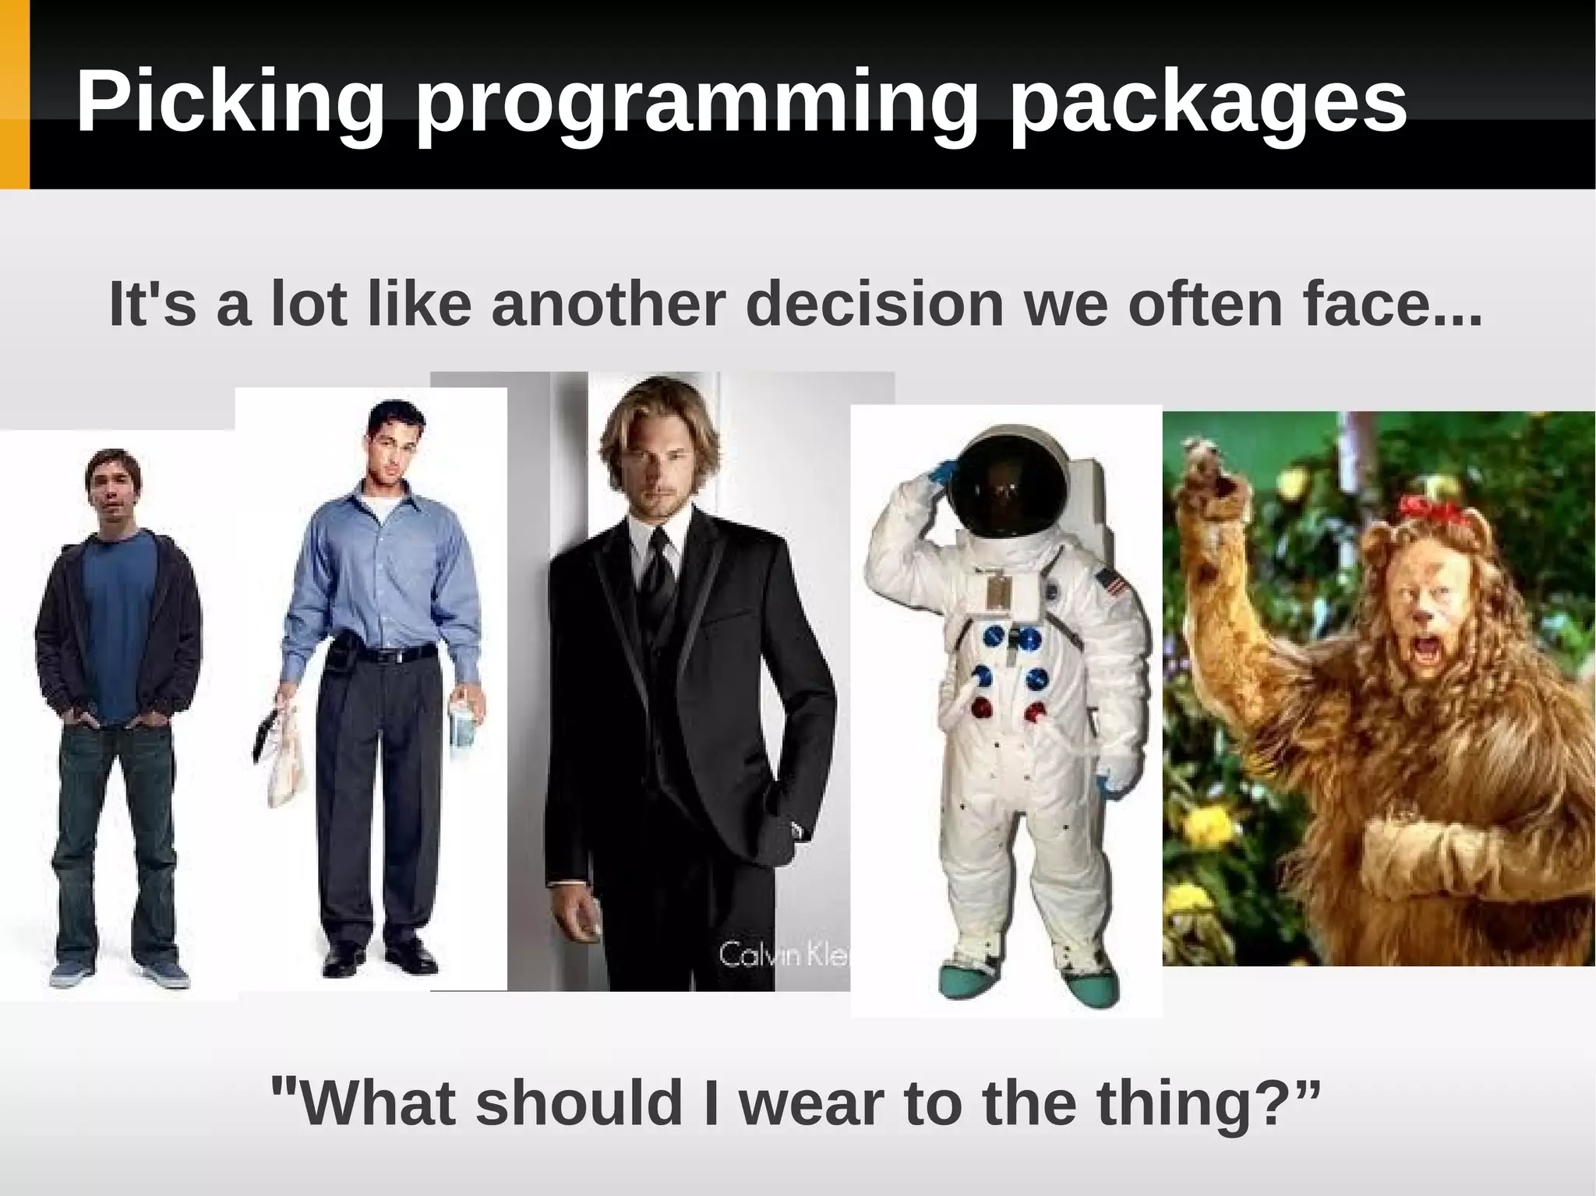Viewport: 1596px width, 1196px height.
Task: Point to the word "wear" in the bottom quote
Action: pyautogui.click(x=814, y=1103)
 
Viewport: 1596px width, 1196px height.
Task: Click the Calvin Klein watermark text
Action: pyautogui.click(x=783, y=954)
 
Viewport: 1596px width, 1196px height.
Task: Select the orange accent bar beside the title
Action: pyautogui.click(x=14, y=93)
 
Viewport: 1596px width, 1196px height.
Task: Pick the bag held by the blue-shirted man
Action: pyautogui.click(x=282, y=752)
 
